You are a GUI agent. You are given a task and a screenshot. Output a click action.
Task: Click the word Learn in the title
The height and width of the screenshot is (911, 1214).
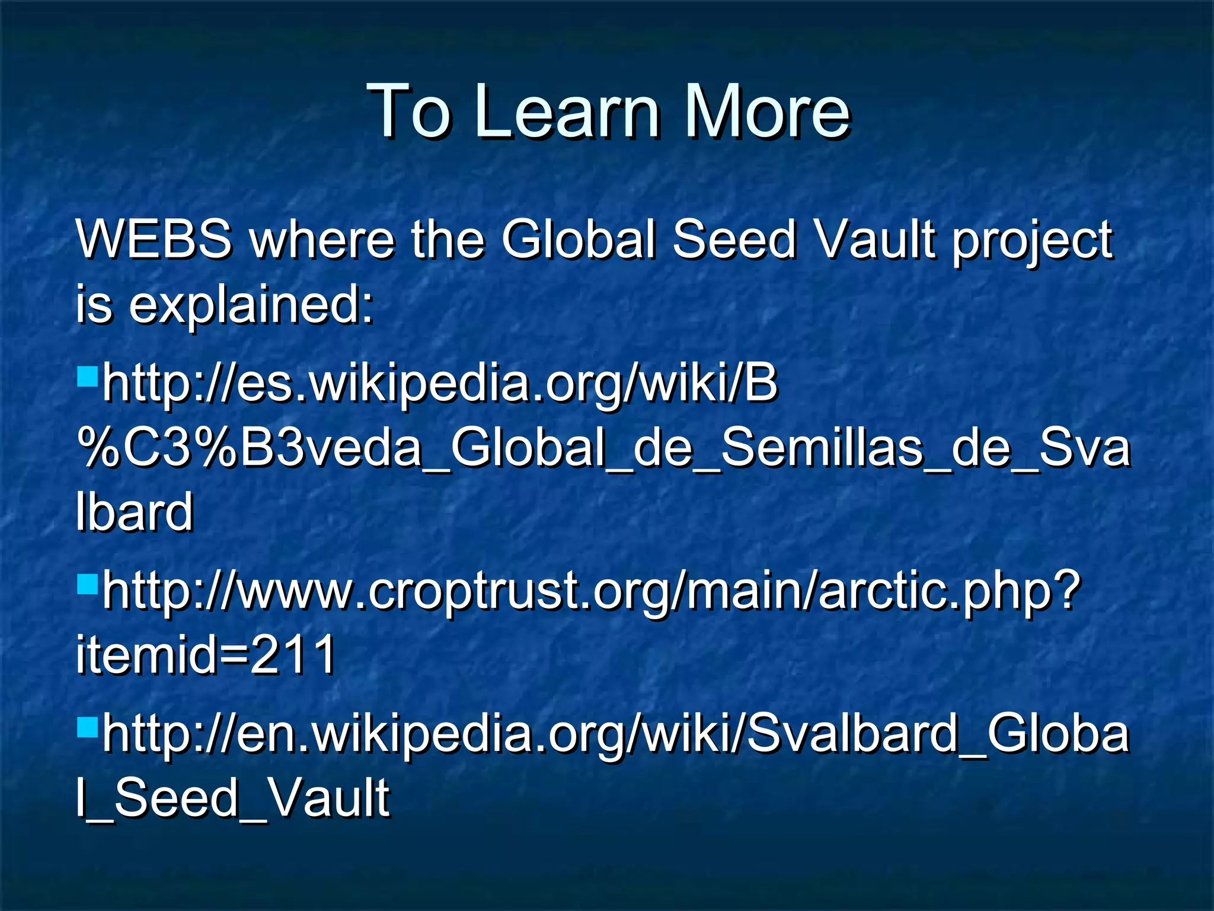tap(567, 111)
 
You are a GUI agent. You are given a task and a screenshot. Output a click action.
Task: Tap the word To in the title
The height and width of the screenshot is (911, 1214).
tap(408, 111)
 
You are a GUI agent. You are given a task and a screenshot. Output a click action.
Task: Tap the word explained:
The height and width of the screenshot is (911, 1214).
tap(251, 305)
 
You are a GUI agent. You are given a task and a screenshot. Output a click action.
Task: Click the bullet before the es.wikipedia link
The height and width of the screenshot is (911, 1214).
tap(87, 375)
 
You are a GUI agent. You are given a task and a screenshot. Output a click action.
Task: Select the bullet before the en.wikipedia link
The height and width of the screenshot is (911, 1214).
tap(87, 725)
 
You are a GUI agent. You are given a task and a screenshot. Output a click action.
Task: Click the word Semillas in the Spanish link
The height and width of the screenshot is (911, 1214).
tap(822, 448)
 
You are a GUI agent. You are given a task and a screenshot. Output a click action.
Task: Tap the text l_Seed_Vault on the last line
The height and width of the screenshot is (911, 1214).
tap(232, 798)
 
